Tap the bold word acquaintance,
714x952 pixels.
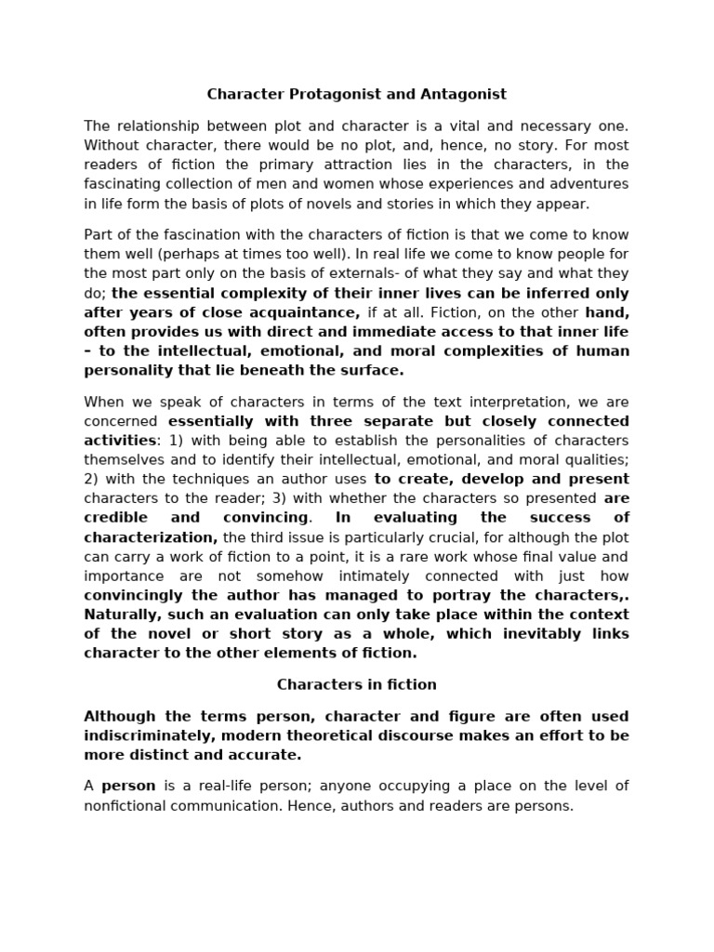[309, 312]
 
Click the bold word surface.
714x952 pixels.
[377, 370]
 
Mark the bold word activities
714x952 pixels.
[118, 440]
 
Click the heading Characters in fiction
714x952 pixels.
[356, 684]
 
